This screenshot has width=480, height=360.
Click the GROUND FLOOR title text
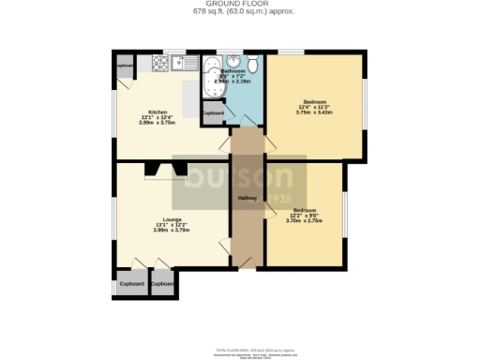point(240,5)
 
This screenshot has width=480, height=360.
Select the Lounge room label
point(171,219)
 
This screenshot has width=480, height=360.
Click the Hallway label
point(247,198)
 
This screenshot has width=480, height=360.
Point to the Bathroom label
point(233,71)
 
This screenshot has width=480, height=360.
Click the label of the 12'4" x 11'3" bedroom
point(314,101)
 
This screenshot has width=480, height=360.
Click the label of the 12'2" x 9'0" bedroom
point(305,210)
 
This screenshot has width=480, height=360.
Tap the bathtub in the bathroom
point(214,78)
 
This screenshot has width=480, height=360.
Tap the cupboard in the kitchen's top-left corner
point(124,67)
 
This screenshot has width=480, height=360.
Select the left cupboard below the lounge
point(130,283)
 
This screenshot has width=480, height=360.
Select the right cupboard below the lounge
point(162,283)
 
